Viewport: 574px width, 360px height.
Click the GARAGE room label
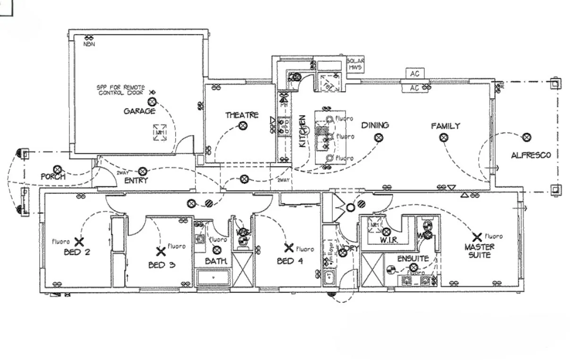[x=139, y=111]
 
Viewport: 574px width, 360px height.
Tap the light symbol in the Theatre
[x=243, y=126]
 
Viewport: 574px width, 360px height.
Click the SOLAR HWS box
[x=355, y=65]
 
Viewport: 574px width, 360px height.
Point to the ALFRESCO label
[x=531, y=155]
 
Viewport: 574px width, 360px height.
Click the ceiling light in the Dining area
[x=379, y=138]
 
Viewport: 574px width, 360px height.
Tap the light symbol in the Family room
[x=443, y=137]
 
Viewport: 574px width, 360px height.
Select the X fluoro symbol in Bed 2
[x=79, y=242]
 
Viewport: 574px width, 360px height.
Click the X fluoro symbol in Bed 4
[x=289, y=248]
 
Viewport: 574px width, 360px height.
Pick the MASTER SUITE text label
[x=480, y=251]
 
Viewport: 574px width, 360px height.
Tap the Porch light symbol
[x=57, y=169]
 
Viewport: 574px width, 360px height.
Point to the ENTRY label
[x=136, y=180]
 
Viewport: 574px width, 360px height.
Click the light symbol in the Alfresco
[x=527, y=137]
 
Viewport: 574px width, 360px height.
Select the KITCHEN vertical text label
[x=303, y=131]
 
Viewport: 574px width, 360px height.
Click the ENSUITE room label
[x=413, y=259]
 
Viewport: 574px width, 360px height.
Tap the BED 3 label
[x=162, y=265]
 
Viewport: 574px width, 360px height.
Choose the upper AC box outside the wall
[x=415, y=74]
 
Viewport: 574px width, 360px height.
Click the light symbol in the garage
[x=152, y=101]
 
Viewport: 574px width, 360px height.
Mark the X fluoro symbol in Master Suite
[x=477, y=237]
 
